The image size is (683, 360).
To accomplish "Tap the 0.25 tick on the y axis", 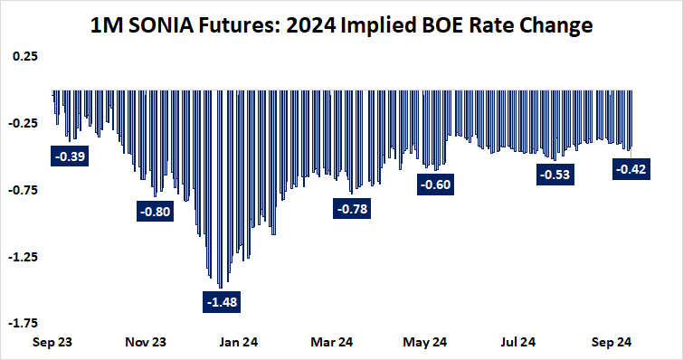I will (x=25, y=57).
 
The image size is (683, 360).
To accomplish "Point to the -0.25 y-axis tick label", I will (x=24, y=124).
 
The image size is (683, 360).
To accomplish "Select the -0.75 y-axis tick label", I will (x=24, y=190).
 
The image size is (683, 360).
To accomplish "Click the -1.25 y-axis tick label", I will (x=24, y=257).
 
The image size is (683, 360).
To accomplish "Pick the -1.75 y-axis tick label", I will (x=24, y=323).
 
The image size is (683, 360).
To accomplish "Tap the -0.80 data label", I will (x=155, y=213).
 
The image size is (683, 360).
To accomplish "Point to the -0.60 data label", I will (x=435, y=185).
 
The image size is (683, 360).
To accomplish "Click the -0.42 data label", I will (x=630, y=168).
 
